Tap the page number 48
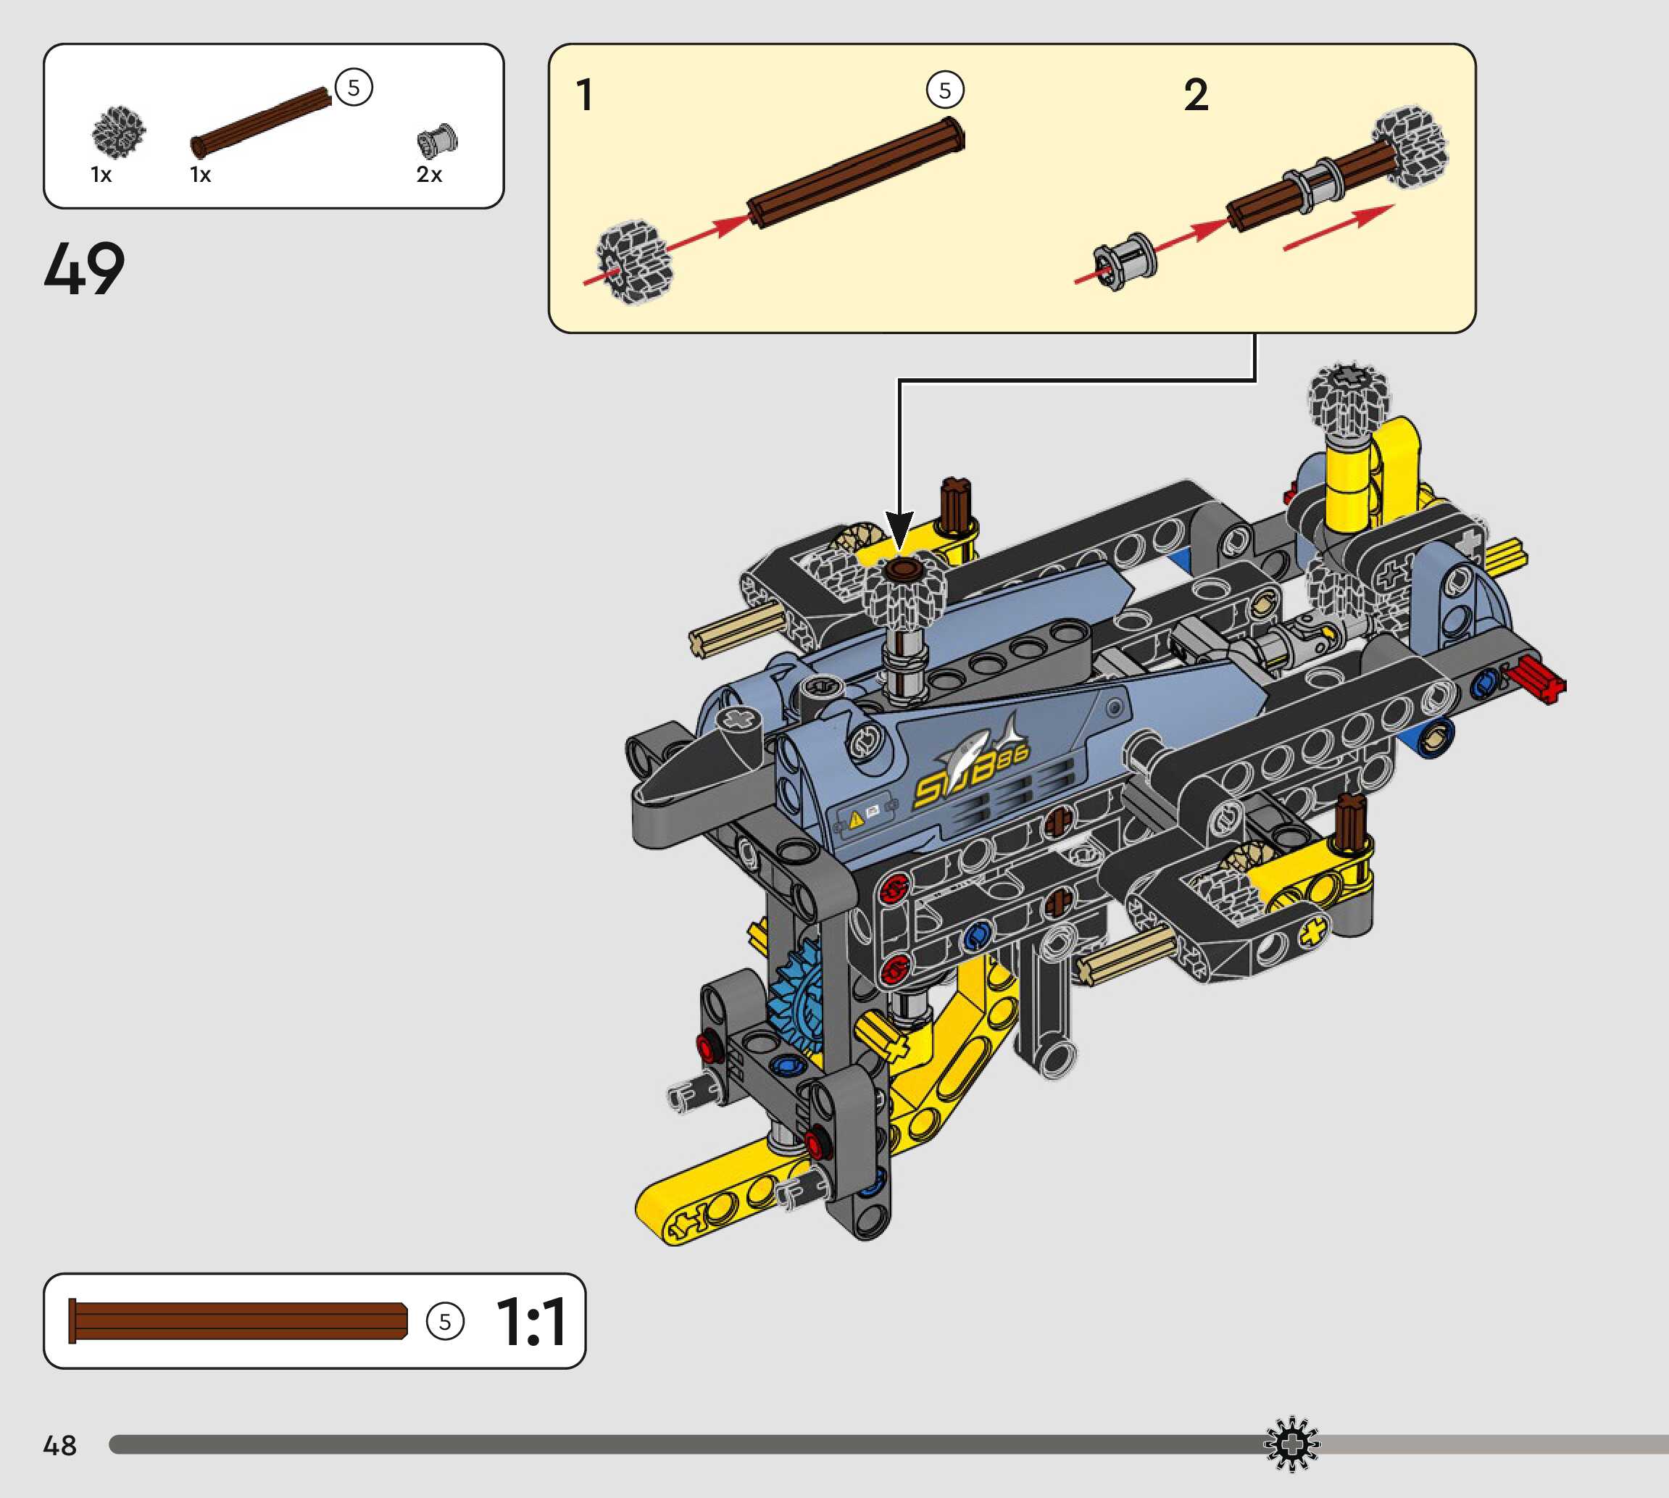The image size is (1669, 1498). click(x=59, y=1445)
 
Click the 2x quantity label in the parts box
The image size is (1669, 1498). click(x=429, y=175)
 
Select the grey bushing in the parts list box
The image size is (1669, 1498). click(x=437, y=141)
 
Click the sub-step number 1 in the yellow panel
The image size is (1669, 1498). click(x=584, y=95)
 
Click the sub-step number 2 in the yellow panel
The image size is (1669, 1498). click(x=1196, y=95)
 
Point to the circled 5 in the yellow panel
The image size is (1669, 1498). click(x=945, y=91)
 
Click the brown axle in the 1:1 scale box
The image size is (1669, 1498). click(x=238, y=1320)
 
